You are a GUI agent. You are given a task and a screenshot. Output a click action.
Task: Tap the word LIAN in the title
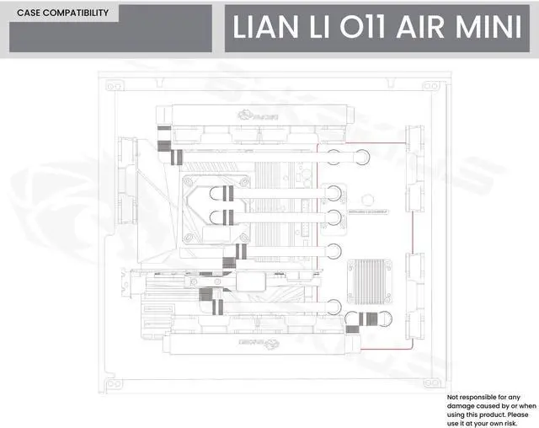[262, 27]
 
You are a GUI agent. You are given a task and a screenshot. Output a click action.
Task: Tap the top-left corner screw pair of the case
[112, 86]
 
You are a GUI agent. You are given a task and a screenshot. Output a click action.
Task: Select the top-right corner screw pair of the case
[433, 86]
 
